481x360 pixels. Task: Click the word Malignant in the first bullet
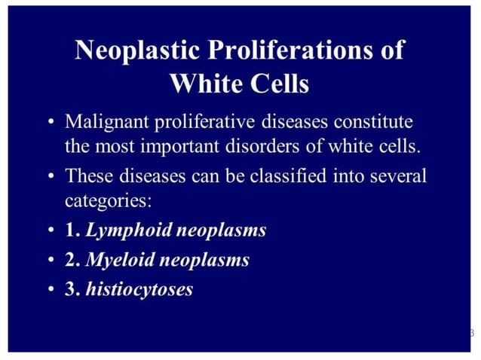pyautogui.click(x=104, y=121)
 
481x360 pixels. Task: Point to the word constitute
pyautogui.click(x=375, y=121)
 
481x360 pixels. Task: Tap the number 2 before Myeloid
pyautogui.click(x=71, y=260)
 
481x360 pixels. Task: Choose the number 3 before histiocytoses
pyautogui.click(x=71, y=288)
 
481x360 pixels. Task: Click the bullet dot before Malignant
pyautogui.click(x=49, y=122)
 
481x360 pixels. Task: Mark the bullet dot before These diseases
pyautogui.click(x=49, y=177)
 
